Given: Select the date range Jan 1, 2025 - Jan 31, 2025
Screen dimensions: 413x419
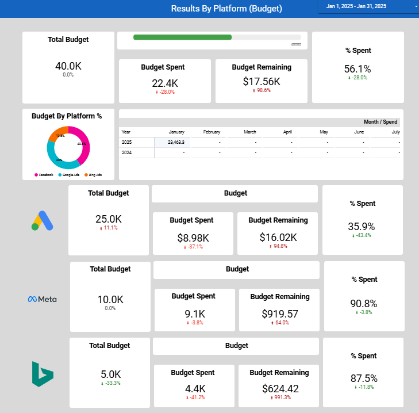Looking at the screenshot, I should pyautogui.click(x=356, y=6).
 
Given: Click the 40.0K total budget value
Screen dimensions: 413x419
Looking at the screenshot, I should pyautogui.click(x=68, y=66).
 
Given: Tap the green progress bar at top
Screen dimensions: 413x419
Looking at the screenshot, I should pyautogui.click(x=182, y=37).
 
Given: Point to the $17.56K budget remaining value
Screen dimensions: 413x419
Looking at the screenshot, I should pyautogui.click(x=262, y=82).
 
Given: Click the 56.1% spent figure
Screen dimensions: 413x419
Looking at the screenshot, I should pyautogui.click(x=358, y=69).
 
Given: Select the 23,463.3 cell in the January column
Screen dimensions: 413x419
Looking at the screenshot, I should pyautogui.click(x=172, y=142).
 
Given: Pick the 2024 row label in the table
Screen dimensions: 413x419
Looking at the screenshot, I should pyautogui.click(x=126, y=152).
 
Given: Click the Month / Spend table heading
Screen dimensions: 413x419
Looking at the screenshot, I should pyautogui.click(x=380, y=122).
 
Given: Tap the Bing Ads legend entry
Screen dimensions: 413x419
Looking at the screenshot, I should pyautogui.click(x=94, y=174).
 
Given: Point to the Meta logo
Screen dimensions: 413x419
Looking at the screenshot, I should pyautogui.click(x=43, y=299).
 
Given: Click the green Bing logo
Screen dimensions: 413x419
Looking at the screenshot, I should pyautogui.click(x=43, y=374).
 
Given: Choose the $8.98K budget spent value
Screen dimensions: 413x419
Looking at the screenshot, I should pyautogui.click(x=193, y=238).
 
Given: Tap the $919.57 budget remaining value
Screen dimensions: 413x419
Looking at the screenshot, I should pyautogui.click(x=280, y=313).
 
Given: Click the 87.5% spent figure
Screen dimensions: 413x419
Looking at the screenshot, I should pyautogui.click(x=364, y=378).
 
